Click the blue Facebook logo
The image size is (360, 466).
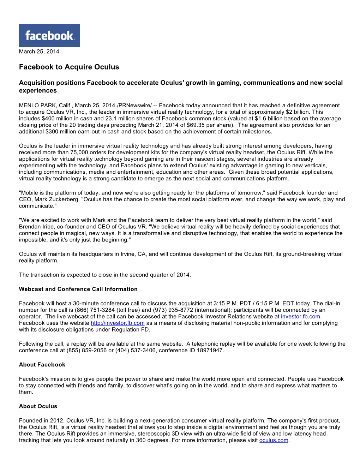tap(49, 35)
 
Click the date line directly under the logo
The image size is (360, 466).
tap(39, 52)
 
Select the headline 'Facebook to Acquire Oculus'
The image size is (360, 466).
tap(69, 67)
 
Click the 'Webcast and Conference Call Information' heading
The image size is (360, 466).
tap(78, 289)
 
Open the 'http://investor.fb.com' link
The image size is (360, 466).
tap(118, 323)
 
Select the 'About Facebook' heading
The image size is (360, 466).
tap(42, 365)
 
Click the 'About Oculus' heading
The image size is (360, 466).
tap(38, 406)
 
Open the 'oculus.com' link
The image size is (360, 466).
tap(274, 440)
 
